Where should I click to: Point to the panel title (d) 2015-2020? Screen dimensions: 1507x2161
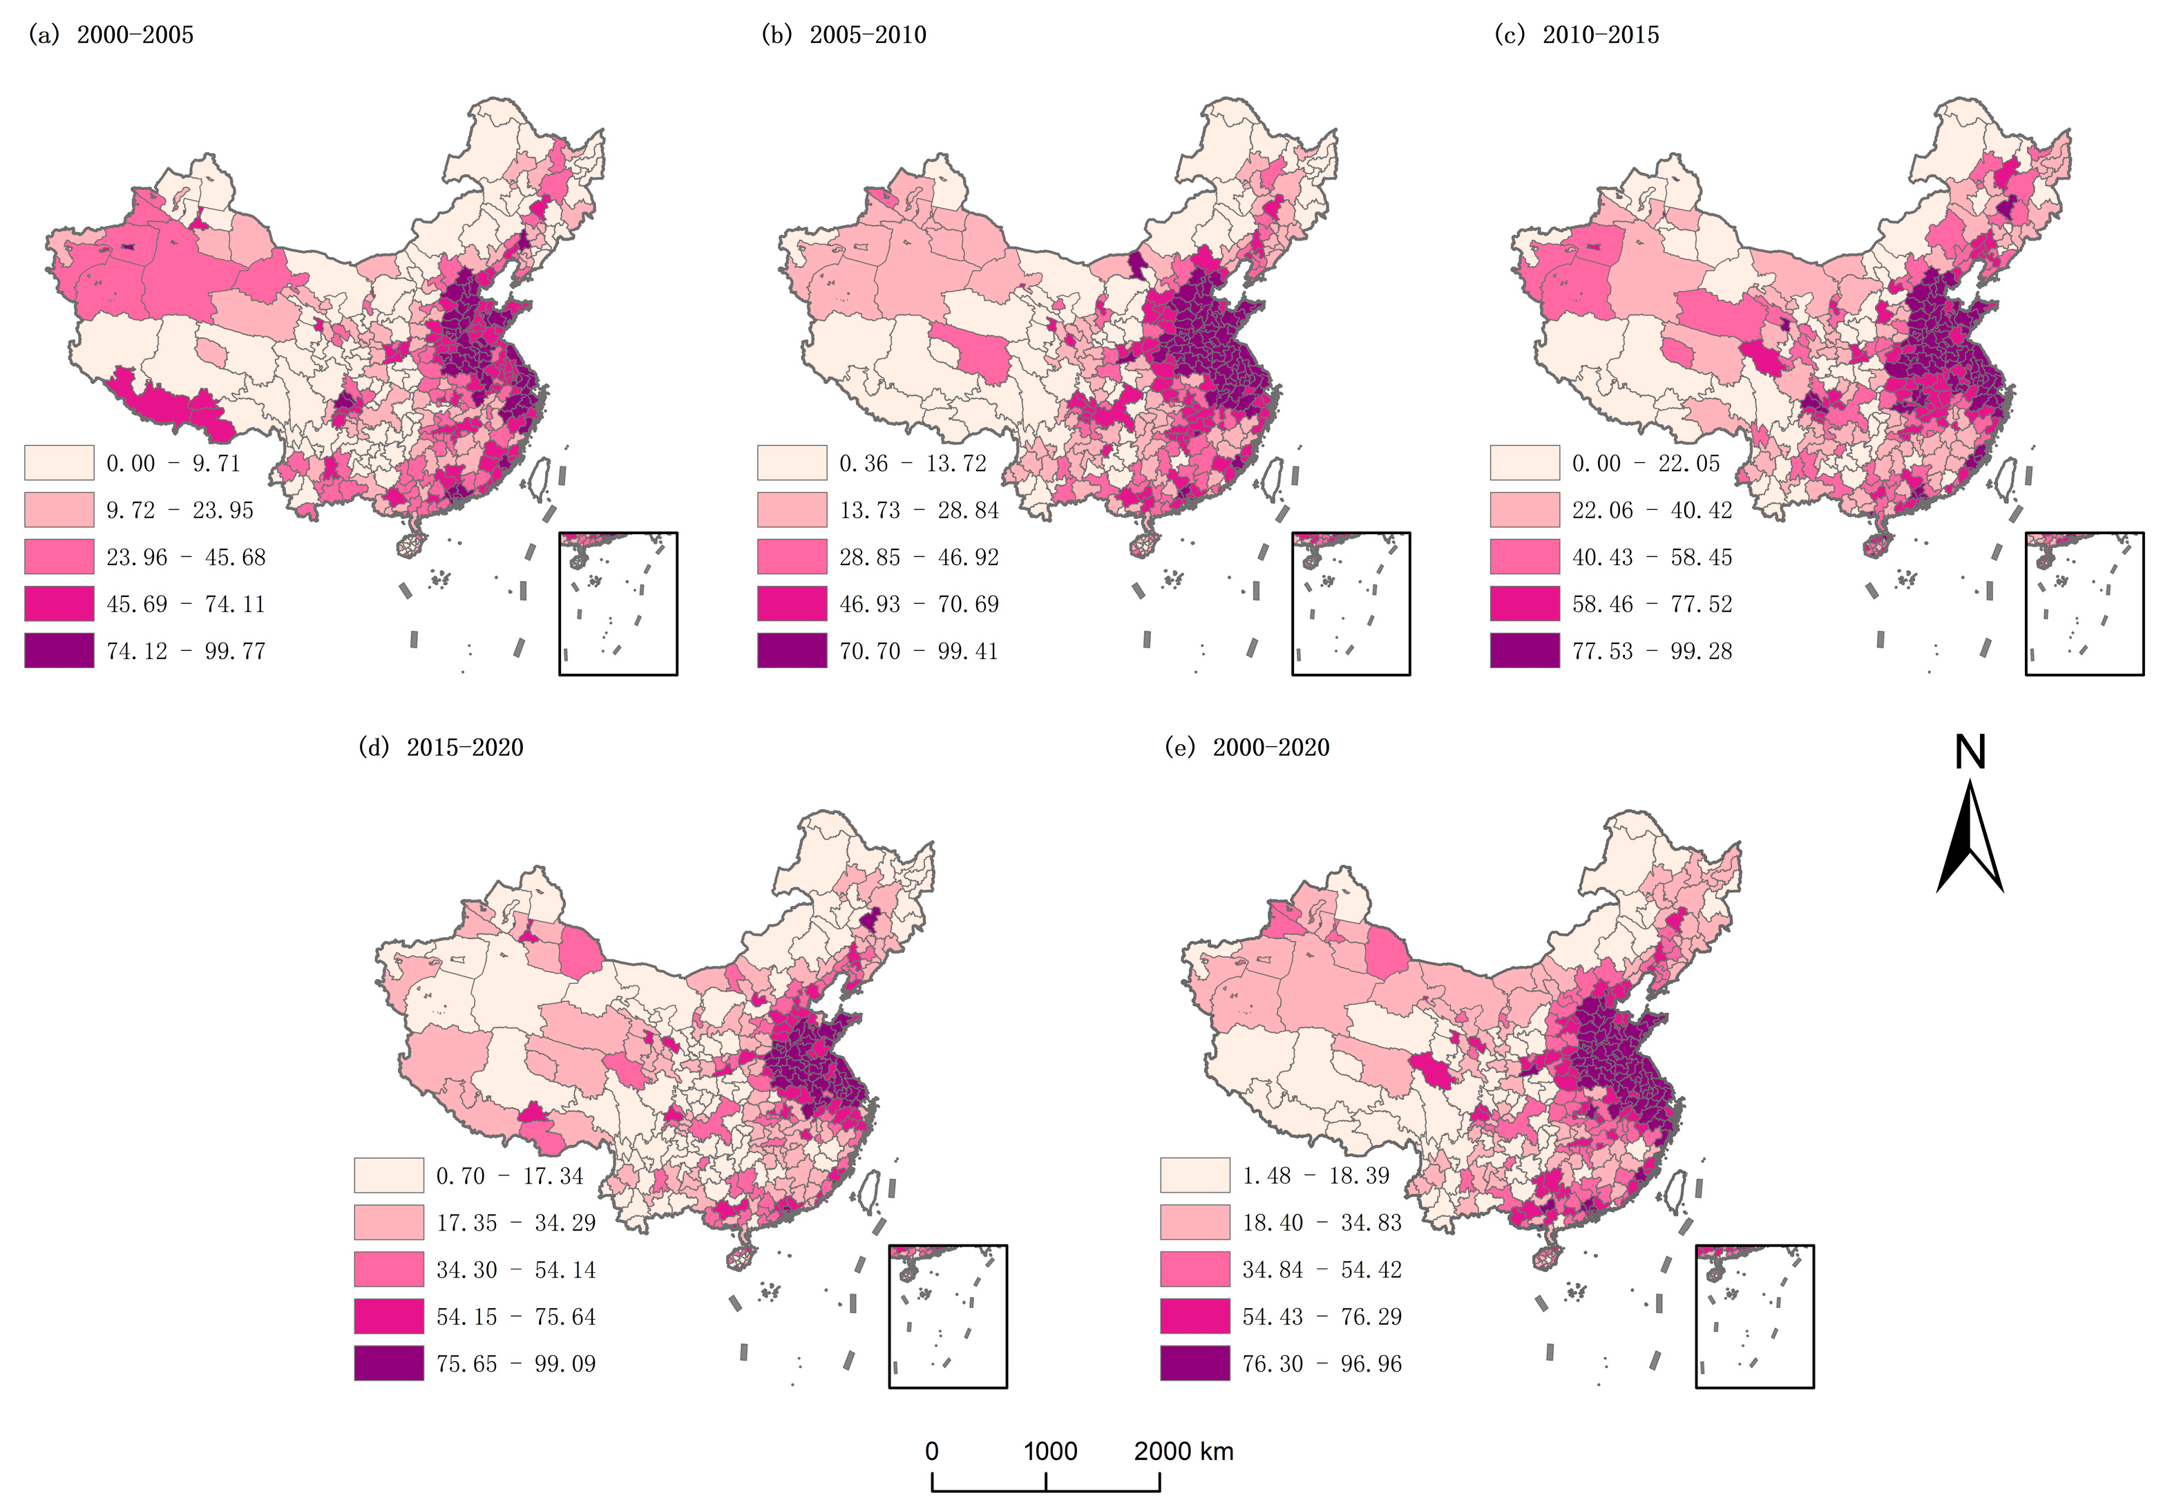tap(441, 748)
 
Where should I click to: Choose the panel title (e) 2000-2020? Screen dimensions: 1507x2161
tap(1247, 748)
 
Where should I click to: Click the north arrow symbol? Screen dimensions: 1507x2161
tap(1969, 837)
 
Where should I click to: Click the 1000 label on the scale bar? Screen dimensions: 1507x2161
tap(1050, 1450)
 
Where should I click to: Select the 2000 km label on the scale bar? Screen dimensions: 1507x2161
tap(1183, 1450)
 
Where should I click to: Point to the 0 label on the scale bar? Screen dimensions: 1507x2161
tap(932, 1450)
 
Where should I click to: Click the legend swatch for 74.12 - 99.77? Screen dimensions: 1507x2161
tap(59, 650)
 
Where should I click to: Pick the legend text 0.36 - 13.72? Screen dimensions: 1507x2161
tap(912, 463)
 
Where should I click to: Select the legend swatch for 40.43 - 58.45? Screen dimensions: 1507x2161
tap(1525, 557)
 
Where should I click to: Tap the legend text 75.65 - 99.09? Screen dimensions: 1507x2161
tap(516, 1364)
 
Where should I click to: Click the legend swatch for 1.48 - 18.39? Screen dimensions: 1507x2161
tap(1194, 1175)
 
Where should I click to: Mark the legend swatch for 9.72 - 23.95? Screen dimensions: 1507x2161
tap(59, 510)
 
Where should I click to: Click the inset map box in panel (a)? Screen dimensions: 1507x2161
tap(618, 603)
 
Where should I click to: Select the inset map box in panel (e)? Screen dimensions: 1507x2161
tap(1754, 1316)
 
